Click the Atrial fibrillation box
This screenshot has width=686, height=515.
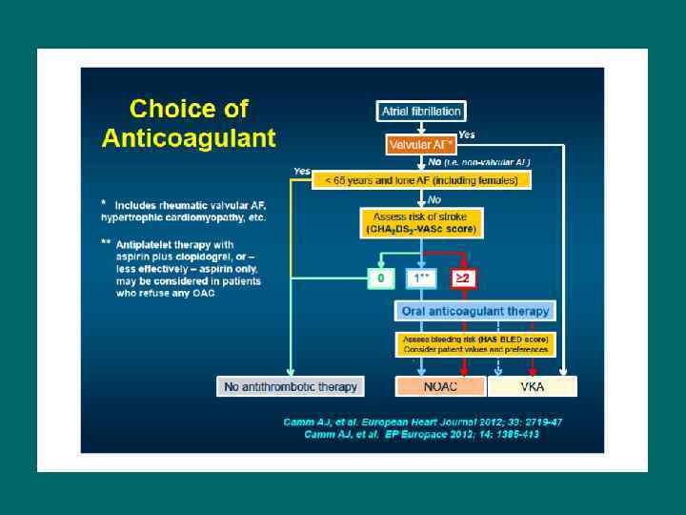[x=421, y=112]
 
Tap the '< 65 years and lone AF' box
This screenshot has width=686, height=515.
[x=421, y=180]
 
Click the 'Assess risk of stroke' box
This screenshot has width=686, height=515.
[x=421, y=223]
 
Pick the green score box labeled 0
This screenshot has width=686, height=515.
[x=381, y=278]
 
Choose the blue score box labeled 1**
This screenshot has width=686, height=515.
[x=421, y=278]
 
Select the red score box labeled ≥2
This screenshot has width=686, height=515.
[x=463, y=278]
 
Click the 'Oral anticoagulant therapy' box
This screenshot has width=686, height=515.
[x=474, y=311]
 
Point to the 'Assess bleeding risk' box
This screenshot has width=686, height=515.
[x=474, y=344]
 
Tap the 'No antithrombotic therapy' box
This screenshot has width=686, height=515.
[x=291, y=386]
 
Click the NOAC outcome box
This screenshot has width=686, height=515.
[x=440, y=386]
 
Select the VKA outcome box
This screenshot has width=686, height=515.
[x=532, y=386]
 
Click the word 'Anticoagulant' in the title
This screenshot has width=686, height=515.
[x=189, y=138]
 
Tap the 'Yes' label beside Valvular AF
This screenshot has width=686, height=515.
[x=467, y=135]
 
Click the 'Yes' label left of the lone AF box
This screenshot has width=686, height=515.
[x=302, y=172]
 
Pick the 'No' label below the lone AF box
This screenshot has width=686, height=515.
[x=434, y=199]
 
